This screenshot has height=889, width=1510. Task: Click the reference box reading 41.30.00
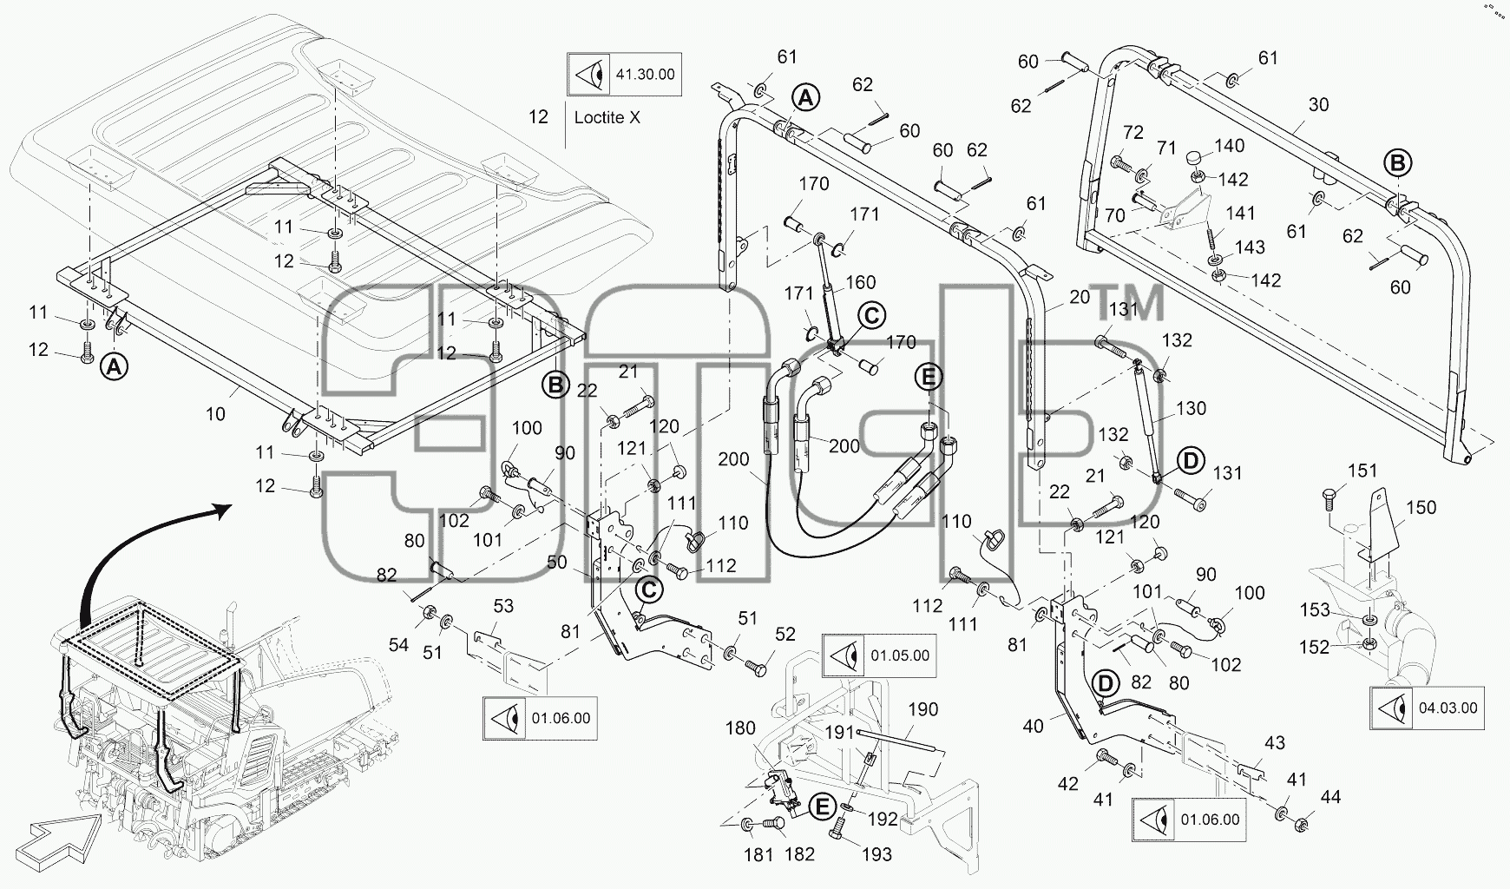[623, 74]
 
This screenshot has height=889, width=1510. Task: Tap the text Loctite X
[607, 117]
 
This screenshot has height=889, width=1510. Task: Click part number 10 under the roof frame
[215, 414]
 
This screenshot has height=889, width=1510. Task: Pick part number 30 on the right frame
[1318, 104]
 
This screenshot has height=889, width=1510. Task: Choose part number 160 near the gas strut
[860, 282]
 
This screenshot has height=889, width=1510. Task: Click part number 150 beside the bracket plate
[1421, 508]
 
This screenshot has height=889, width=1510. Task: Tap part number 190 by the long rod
[922, 709]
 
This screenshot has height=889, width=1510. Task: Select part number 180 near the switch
[740, 728]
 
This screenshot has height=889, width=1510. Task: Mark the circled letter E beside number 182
[820, 807]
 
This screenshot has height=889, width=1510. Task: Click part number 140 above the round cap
[1229, 146]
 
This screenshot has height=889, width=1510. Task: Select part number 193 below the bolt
[876, 854]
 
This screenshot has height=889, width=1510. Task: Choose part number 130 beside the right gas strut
[1191, 408]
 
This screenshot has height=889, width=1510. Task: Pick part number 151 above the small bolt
[1362, 471]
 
